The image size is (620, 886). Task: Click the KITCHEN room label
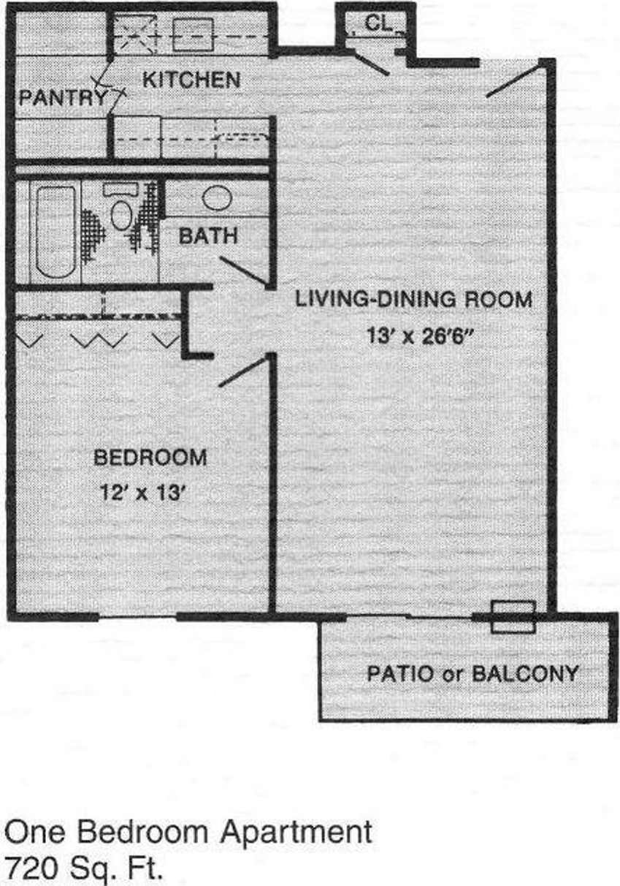point(191,80)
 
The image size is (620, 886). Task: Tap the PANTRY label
point(63,97)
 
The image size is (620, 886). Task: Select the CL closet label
point(378,23)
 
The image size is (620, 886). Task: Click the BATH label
point(208,236)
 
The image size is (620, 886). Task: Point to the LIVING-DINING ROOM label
point(413,300)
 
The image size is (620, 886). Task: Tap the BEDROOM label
point(150,458)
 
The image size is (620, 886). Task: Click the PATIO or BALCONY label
point(472,673)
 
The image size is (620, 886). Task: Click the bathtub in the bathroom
point(56,231)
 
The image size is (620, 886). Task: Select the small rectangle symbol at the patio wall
point(513,617)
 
